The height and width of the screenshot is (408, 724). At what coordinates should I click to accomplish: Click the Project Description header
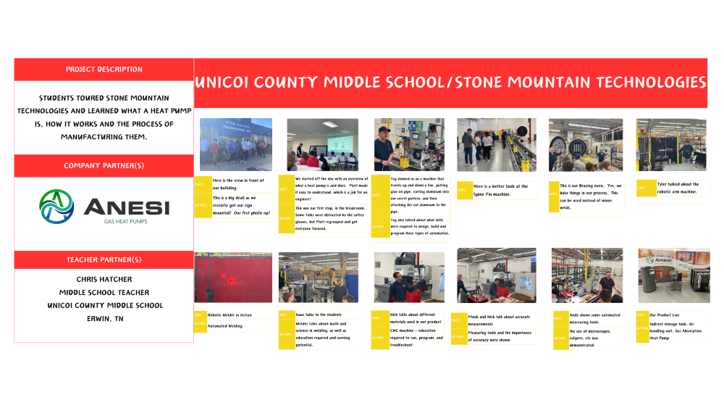104,70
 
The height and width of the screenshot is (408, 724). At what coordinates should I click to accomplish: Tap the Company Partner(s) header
104,166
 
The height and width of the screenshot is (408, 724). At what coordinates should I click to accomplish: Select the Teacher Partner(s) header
104,259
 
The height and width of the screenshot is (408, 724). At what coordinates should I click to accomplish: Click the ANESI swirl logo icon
56,207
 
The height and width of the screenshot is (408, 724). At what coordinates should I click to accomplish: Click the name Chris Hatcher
104,279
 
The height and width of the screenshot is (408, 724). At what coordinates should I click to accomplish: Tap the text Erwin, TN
104,318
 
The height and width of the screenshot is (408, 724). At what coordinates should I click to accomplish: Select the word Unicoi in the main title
230,82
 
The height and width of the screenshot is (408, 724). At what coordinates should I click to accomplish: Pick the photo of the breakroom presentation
322,144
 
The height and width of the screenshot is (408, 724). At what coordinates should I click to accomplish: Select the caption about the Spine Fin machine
501,190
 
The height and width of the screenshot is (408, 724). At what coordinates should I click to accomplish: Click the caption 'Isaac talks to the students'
319,315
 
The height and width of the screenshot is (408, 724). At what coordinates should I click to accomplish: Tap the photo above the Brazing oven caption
586,144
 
